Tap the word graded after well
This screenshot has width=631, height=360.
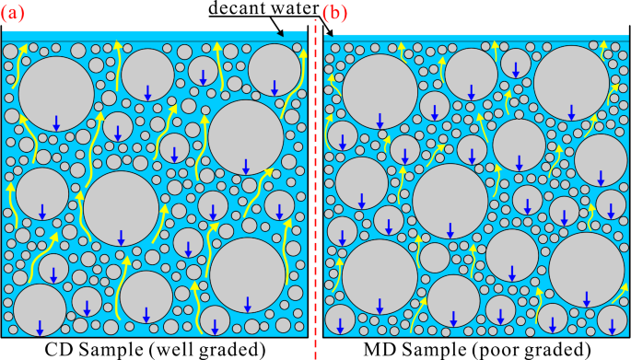pos(233,349)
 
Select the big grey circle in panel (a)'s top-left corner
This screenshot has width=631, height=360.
pos(55,92)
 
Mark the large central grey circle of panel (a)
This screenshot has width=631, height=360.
pos(121,208)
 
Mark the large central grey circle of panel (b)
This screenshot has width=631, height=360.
pos(450,203)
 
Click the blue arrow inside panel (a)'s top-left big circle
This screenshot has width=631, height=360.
pos(56,121)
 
